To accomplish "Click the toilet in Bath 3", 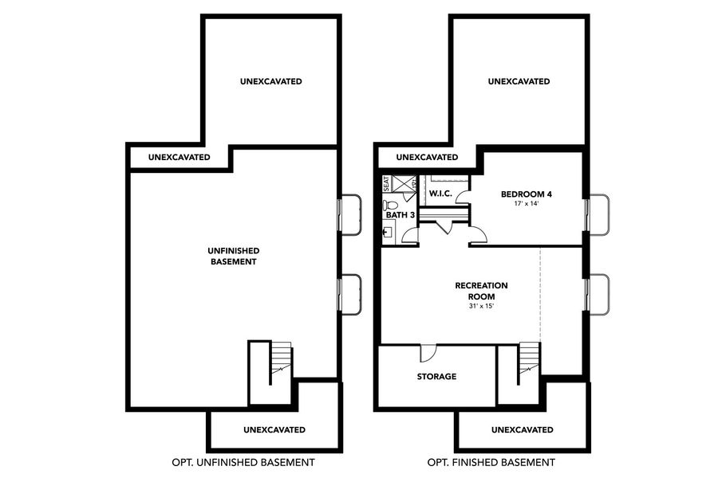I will pyautogui.click(x=391, y=205).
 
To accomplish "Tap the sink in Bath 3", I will pyautogui.click(x=388, y=233).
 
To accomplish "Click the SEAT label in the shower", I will pyautogui.click(x=386, y=183).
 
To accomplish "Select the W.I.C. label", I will pyautogui.click(x=440, y=194).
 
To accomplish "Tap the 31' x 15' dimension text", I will pyautogui.click(x=481, y=306).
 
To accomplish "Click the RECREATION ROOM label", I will pyautogui.click(x=481, y=291).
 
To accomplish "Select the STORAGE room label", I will pyautogui.click(x=436, y=376).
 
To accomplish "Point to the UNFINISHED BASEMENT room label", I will pyautogui.click(x=234, y=256).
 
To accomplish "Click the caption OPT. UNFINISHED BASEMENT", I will pyautogui.click(x=243, y=462).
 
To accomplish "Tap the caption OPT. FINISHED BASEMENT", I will pyautogui.click(x=491, y=462).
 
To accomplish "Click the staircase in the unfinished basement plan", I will pyautogui.click(x=280, y=362).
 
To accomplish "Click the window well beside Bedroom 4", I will pyautogui.click(x=598, y=214).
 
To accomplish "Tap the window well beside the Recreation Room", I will pyautogui.click(x=598, y=294).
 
